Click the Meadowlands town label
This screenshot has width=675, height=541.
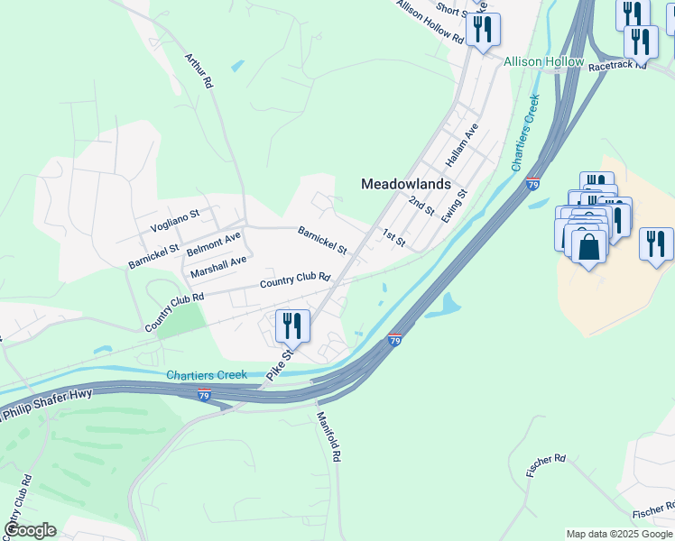point(405,183)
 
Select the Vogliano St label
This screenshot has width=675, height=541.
point(173,217)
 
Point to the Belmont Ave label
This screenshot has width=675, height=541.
point(213,242)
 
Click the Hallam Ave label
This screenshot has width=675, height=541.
point(459,147)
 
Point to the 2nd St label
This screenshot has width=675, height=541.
point(421,206)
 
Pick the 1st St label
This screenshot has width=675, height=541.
point(393,238)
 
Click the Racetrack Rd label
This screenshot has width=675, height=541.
point(617,66)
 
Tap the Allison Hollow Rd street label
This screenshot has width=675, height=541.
point(430,21)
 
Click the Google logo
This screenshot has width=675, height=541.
point(30,529)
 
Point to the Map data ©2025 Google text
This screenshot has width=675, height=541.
point(620,534)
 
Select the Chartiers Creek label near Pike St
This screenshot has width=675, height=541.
point(207,374)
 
